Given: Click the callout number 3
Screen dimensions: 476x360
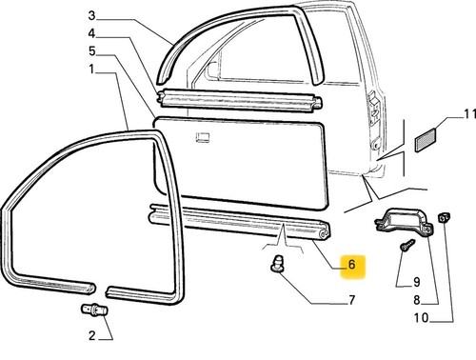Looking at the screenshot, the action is (91, 15).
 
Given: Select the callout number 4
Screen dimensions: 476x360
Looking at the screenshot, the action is (91, 33).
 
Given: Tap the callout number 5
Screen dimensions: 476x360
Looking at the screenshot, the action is (92, 50).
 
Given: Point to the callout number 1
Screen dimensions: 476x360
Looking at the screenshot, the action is (92, 69).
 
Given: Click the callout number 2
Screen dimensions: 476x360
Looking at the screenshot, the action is (92, 335).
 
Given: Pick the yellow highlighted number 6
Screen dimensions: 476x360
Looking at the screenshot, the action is (351, 264).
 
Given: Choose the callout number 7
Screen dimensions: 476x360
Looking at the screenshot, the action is (351, 300).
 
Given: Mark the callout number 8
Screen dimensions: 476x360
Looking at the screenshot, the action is (417, 300).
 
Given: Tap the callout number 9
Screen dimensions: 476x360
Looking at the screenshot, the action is (417, 282).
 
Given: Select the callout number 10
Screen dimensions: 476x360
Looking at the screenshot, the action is (421, 318).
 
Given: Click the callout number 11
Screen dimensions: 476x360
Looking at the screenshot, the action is (470, 114).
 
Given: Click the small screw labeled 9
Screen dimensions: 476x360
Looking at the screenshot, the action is (407, 245).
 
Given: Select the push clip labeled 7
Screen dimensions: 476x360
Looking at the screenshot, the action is (277, 263).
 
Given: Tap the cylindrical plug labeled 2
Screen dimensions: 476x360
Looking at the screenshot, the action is (94, 310).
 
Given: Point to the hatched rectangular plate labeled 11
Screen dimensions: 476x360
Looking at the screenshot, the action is (426, 140).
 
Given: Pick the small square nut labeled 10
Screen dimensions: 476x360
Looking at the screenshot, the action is (445, 218).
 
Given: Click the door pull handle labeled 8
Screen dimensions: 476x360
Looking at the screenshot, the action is (404, 222).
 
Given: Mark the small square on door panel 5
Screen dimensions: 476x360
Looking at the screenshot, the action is (203, 137).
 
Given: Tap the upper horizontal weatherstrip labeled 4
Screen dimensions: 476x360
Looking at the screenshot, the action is (240, 100).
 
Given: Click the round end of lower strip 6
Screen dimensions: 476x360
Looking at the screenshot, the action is (325, 233).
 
